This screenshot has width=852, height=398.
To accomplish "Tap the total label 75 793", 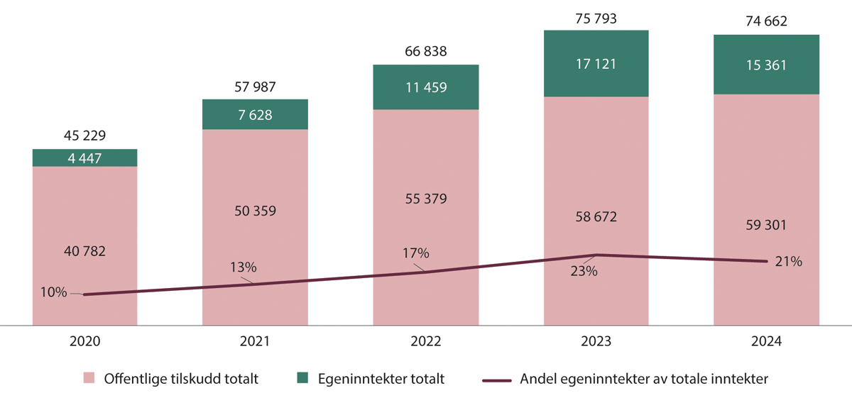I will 596,18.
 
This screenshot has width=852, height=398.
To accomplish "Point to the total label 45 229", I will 85,136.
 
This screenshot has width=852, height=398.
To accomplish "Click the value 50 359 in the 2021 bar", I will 255,211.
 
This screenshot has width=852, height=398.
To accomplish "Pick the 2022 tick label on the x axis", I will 425,341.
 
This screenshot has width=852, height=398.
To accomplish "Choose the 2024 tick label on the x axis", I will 766,341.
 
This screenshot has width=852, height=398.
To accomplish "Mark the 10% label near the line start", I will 55,292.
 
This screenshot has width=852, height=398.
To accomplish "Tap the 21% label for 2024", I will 788,262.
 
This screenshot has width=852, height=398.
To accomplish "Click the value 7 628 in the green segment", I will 255,114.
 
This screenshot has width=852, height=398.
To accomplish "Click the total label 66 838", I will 425,52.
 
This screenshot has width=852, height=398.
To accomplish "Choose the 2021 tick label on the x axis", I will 255,341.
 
